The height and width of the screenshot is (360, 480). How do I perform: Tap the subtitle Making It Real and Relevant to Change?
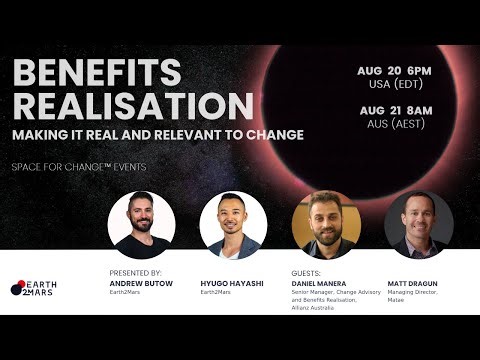[x=158, y=134]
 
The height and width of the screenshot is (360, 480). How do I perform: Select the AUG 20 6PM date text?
[x=396, y=71]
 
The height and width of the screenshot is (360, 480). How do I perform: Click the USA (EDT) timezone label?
[x=396, y=87]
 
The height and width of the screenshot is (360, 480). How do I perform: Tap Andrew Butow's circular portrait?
[x=141, y=225]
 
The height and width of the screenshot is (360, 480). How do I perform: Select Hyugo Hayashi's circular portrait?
[x=231, y=225]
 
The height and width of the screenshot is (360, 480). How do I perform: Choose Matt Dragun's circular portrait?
[x=418, y=225]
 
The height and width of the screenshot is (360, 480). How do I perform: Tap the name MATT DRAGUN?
[x=417, y=282]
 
